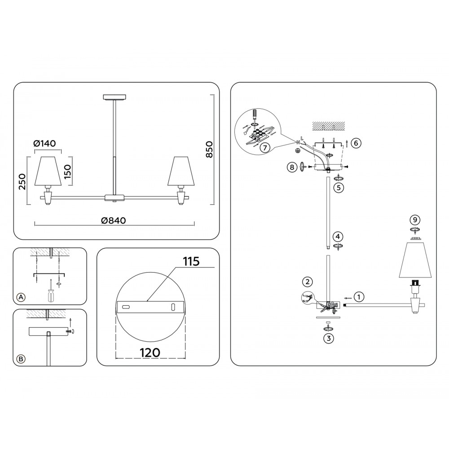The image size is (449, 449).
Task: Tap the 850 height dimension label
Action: (209, 149)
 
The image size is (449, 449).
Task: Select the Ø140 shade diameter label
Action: (44, 144)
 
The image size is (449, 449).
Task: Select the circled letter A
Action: (20, 297)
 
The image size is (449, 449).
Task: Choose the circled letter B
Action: (20, 359)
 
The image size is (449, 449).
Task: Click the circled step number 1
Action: (358, 297)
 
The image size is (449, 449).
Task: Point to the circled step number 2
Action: (307, 282)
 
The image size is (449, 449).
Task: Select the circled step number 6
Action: (355, 143)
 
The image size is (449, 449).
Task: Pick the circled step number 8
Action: (292, 167)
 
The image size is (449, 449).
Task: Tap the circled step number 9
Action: (415, 220)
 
